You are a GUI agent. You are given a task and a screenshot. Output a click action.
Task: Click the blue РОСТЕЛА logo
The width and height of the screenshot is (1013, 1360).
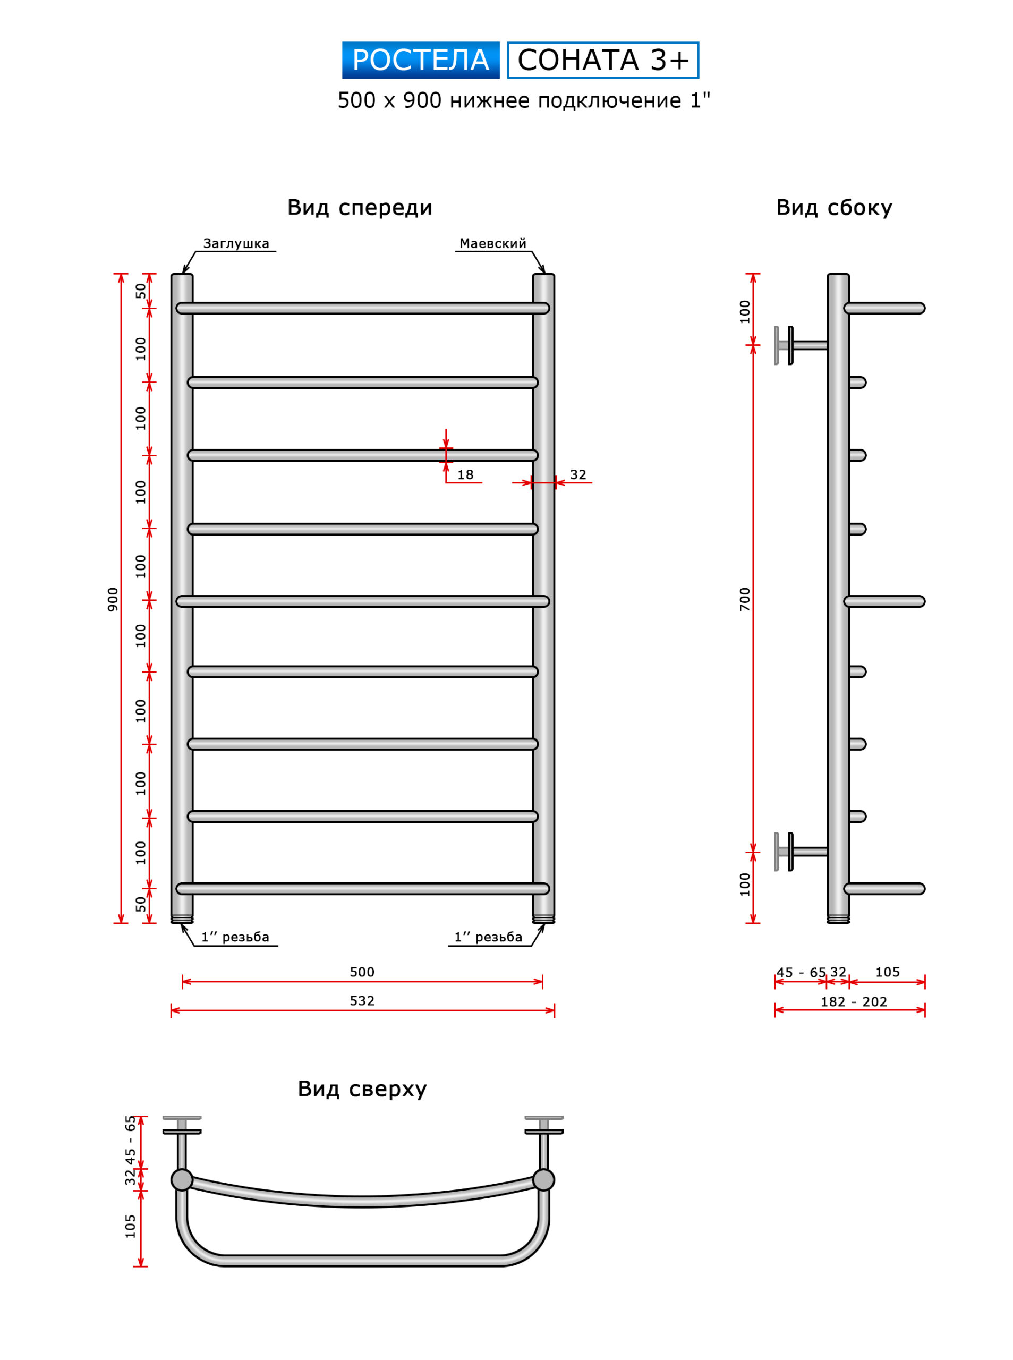[421, 60]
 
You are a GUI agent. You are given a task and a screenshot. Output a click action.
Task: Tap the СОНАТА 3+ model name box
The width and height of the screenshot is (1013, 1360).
[603, 60]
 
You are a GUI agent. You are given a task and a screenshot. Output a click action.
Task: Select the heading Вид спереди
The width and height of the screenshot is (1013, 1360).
[360, 208]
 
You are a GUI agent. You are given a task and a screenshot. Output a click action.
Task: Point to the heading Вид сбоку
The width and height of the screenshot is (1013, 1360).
[834, 208]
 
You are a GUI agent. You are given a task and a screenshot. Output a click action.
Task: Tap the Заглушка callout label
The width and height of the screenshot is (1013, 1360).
[236, 243]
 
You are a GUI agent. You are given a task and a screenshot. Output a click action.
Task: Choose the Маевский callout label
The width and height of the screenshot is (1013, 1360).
[493, 243]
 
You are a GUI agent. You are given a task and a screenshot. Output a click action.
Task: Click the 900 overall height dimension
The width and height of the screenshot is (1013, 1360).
[113, 599]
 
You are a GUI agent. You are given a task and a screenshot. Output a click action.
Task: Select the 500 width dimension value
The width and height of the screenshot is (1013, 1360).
[362, 972]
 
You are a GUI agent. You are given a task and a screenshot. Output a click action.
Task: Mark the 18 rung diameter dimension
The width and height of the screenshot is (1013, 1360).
[465, 474]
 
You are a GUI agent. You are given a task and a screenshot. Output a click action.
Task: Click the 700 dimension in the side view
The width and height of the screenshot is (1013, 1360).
[745, 599]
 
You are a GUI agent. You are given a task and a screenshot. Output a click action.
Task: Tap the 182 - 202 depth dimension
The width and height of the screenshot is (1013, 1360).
[854, 1002]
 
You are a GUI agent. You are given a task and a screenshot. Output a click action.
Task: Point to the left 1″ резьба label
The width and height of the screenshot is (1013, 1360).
[235, 937]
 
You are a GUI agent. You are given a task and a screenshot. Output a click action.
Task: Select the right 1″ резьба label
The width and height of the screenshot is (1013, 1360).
[488, 937]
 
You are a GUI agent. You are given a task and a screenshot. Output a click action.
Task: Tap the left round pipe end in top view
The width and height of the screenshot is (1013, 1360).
[182, 1180]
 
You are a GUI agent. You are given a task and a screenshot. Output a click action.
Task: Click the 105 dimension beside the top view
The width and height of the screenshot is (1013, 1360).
[130, 1226]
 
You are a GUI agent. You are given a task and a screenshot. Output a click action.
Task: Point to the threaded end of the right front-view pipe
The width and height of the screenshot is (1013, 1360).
[543, 919]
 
